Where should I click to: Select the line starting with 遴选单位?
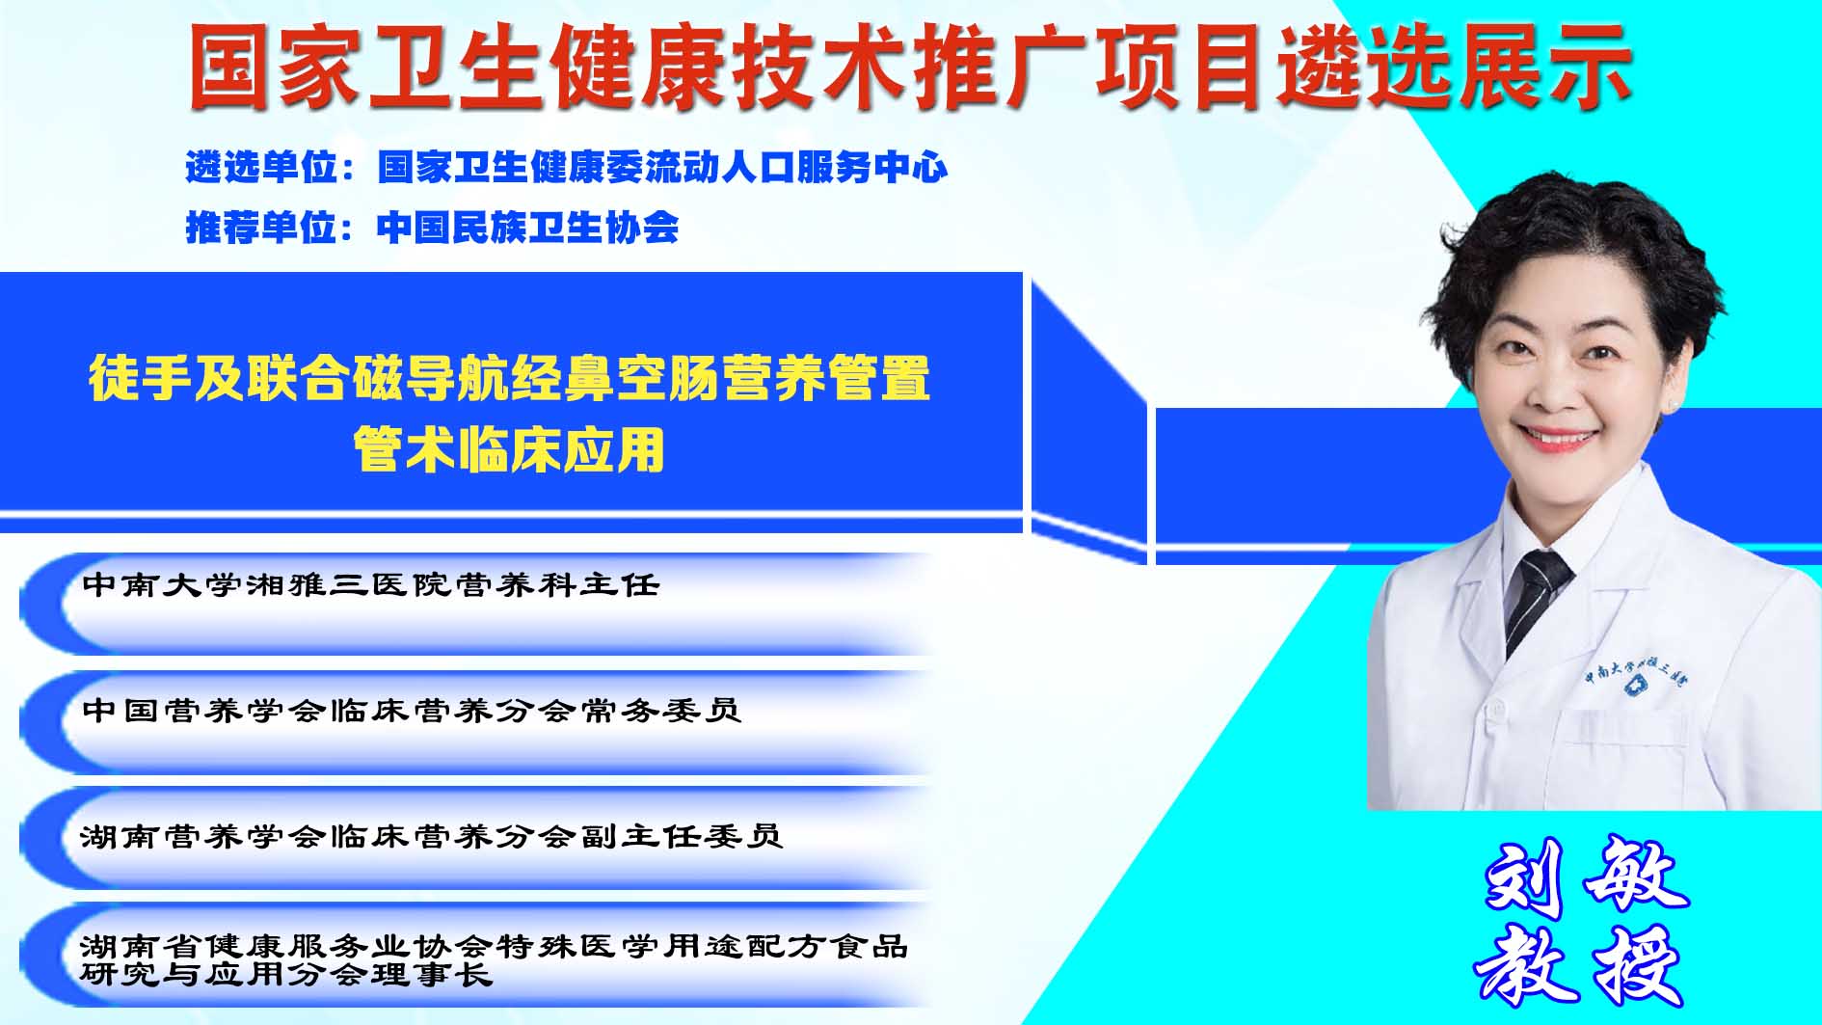567,167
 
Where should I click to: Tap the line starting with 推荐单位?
433,228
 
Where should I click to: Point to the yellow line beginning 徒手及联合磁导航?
509,377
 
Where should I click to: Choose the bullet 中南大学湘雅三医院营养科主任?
371,584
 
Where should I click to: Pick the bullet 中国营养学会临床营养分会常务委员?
412,711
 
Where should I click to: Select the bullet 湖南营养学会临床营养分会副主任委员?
431,835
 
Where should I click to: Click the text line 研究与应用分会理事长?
286,975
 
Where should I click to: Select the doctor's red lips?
1560,439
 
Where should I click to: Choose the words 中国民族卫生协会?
528,228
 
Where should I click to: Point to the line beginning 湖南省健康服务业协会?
495,946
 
